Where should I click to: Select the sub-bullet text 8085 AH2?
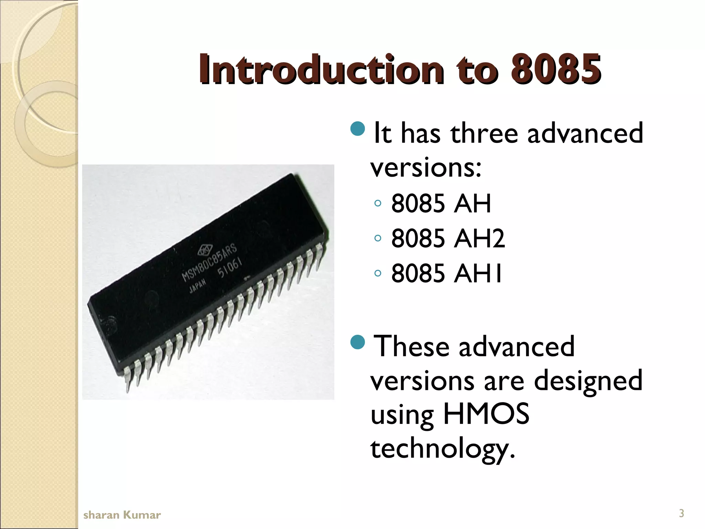[448, 238]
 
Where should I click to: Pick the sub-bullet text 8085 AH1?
[446, 273]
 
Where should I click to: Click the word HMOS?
[486, 414]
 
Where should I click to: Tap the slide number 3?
[681, 514]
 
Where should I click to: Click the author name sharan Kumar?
[122, 515]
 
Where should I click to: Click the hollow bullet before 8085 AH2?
[378, 238]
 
